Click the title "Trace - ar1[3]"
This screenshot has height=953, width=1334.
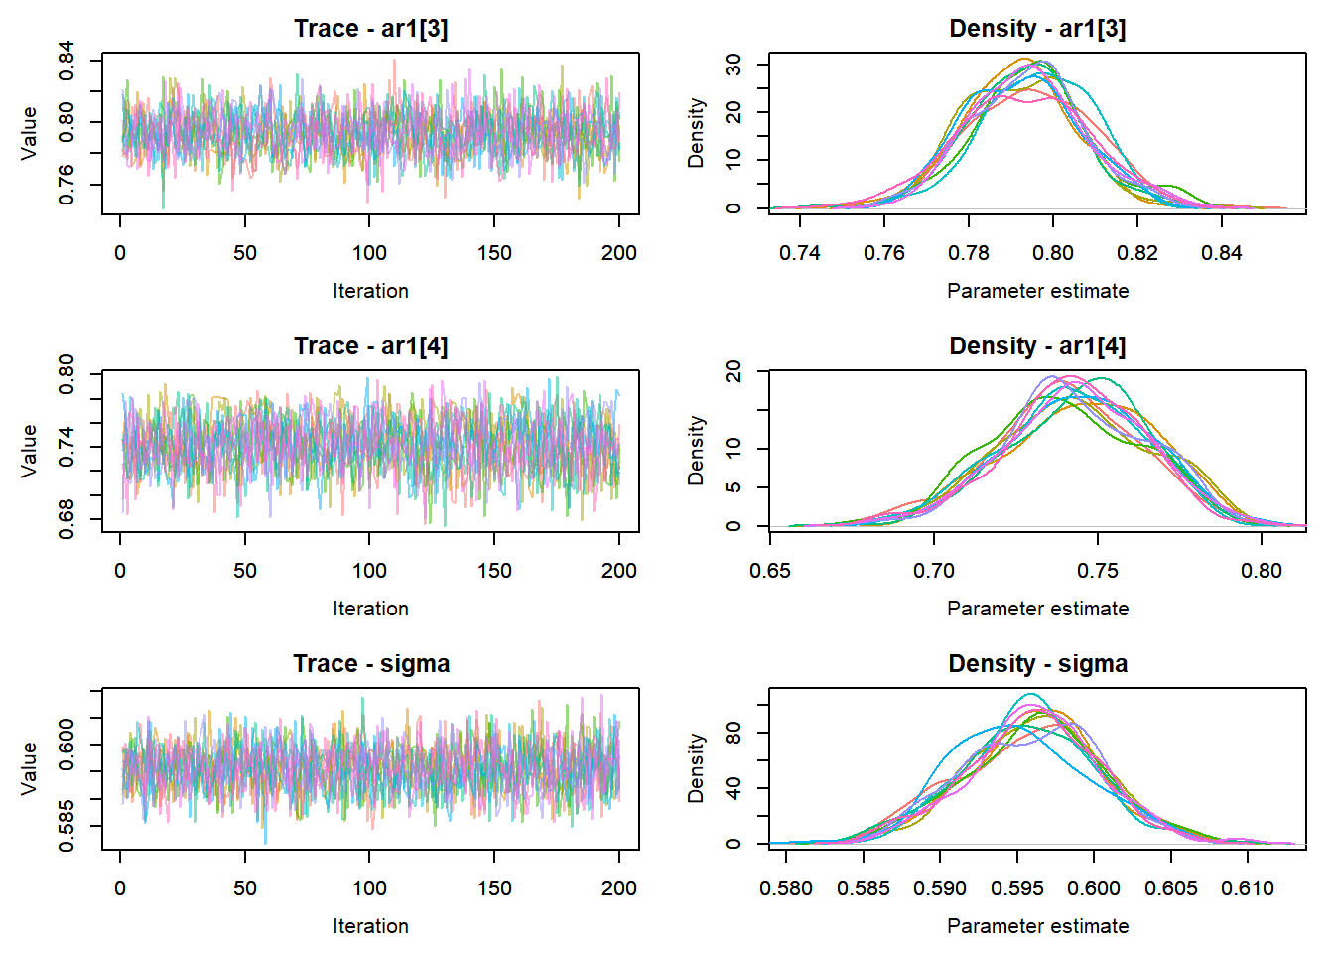click(x=370, y=29)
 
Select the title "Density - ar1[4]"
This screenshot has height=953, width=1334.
click(x=1037, y=346)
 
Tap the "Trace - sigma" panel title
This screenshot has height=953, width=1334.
click(x=370, y=664)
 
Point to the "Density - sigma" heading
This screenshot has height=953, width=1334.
click(x=1037, y=664)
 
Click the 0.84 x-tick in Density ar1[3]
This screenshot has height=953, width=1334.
click(x=1221, y=253)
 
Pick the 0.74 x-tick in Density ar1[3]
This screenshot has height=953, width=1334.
click(x=800, y=253)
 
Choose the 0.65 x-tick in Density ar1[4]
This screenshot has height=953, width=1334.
click(x=770, y=571)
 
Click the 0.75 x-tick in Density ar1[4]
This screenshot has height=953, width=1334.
click(x=1098, y=571)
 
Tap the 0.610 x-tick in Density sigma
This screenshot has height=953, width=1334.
click(x=1248, y=888)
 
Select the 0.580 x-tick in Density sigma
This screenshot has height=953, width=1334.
click(x=786, y=888)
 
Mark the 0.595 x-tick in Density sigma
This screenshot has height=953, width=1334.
click(x=1016, y=888)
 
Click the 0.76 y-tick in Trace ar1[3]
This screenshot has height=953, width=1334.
click(x=67, y=185)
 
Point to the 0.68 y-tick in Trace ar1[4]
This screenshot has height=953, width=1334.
click(x=67, y=519)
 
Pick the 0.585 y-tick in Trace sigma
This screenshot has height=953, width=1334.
click(x=67, y=826)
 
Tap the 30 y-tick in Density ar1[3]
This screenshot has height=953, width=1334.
click(x=734, y=65)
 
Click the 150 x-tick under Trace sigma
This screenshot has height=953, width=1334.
click(x=494, y=888)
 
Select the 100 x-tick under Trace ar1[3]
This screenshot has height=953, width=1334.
click(x=369, y=253)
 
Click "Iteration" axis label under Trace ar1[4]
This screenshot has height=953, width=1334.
click(x=370, y=609)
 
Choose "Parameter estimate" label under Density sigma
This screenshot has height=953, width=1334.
click(x=1037, y=926)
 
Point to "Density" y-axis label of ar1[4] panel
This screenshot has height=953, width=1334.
click(x=697, y=450)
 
